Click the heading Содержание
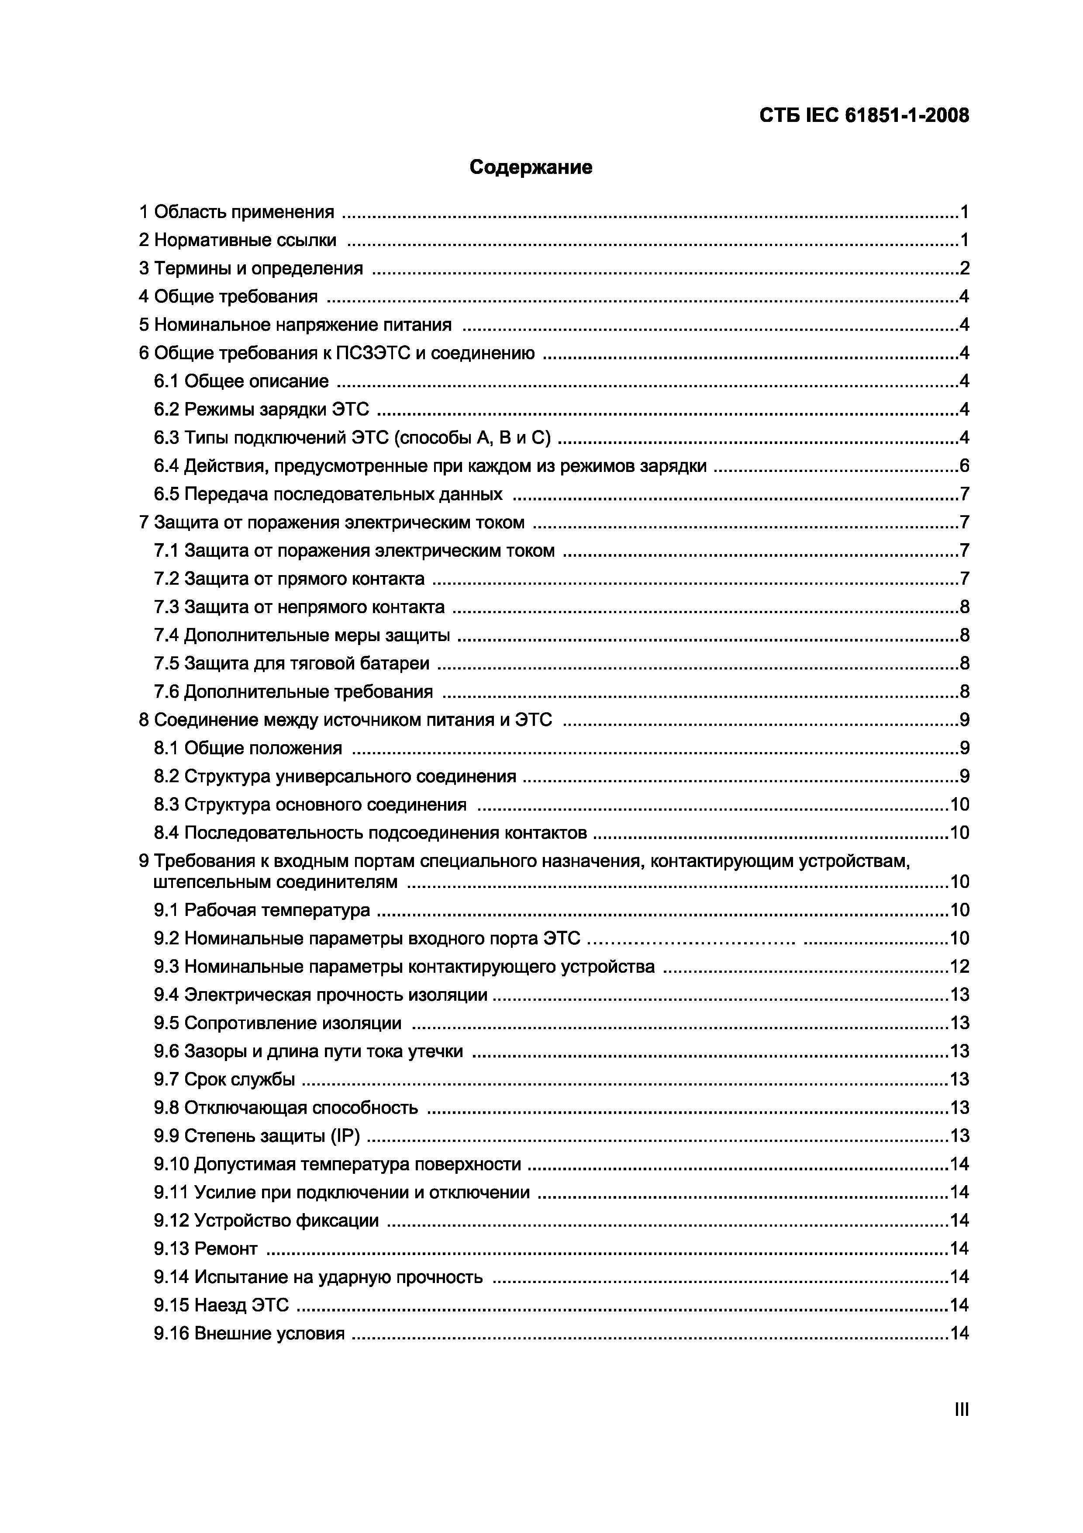pyautogui.click(x=531, y=167)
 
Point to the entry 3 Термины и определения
pyautogui.click(x=251, y=268)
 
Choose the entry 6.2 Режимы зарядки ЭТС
pyautogui.click(x=261, y=409)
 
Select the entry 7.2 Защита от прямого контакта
pyautogui.click(x=289, y=579)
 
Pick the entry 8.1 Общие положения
pyautogui.click(x=248, y=748)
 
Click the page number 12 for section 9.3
pyautogui.click(x=959, y=967)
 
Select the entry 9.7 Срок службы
pyautogui.click(x=224, y=1080)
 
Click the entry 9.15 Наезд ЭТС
pyautogui.click(x=221, y=1305)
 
